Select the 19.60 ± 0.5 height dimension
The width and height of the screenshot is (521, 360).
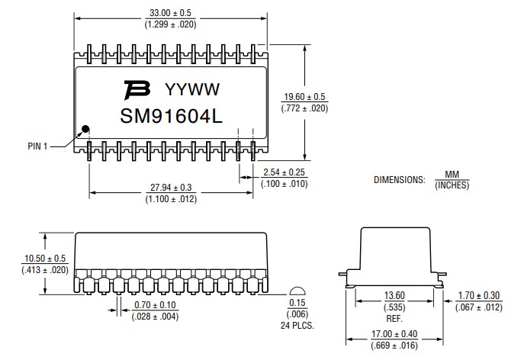click(x=304, y=97)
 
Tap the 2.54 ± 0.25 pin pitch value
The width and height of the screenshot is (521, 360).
click(x=284, y=172)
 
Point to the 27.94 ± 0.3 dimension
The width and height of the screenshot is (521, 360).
click(x=171, y=188)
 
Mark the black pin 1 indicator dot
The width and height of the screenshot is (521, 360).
click(x=86, y=129)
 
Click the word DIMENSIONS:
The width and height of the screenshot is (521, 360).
click(x=399, y=180)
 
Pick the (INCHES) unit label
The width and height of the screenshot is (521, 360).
click(x=452, y=185)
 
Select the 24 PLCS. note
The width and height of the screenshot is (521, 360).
click(x=298, y=326)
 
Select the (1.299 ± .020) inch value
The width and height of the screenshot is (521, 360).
click(x=170, y=24)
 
